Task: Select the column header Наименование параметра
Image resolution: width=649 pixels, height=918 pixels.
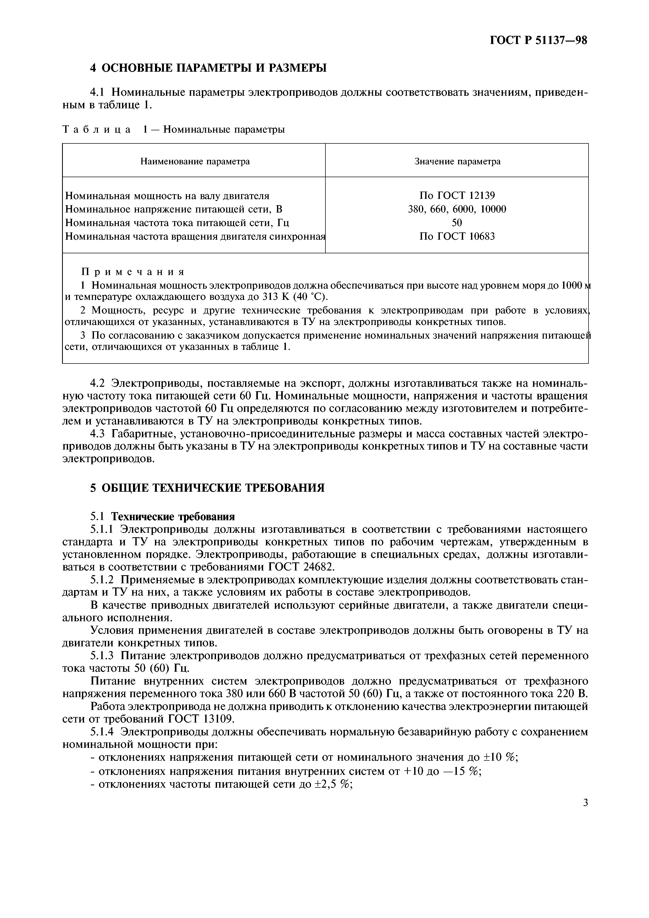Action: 195,161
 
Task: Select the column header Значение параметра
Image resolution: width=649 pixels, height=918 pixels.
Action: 457,161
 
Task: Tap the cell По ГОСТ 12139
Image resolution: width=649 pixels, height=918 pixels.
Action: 457,195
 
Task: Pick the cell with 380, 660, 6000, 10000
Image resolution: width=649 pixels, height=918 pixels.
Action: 457,209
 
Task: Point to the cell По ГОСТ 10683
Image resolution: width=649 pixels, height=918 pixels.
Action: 457,236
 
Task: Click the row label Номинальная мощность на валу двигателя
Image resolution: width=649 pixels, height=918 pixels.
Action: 167,196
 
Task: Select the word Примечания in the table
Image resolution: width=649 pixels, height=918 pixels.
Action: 133,272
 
